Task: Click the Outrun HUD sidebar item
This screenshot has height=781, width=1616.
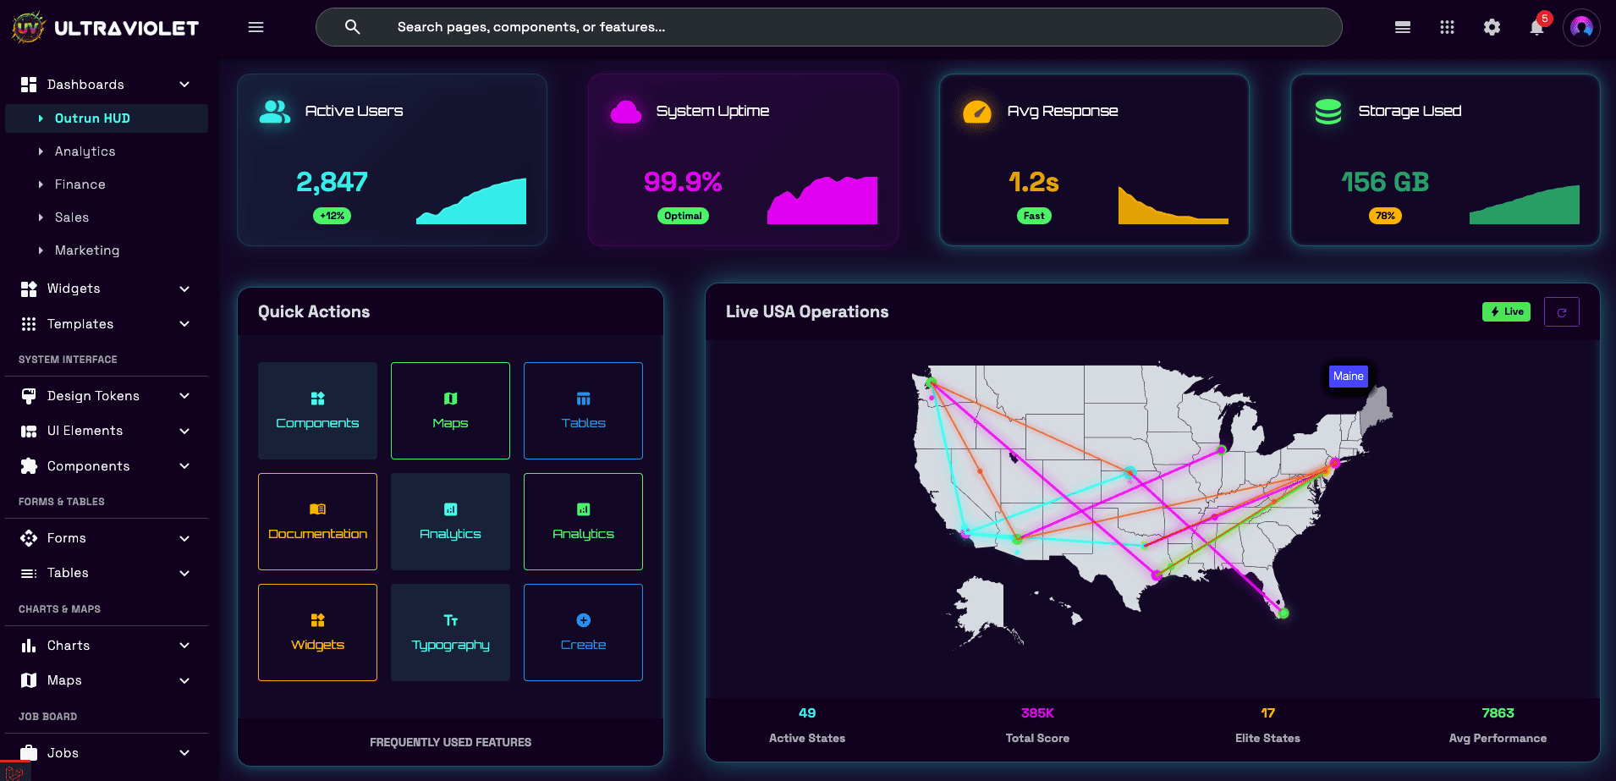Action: tap(93, 118)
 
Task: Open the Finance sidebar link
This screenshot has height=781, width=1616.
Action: tap(80, 184)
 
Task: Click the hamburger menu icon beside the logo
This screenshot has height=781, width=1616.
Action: tap(256, 27)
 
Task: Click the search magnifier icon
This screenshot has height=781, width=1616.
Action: tap(353, 27)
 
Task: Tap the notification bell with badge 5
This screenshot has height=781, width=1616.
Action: tap(1536, 27)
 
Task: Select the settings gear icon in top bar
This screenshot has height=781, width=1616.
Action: tap(1492, 27)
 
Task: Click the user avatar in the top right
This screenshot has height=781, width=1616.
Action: tap(1581, 27)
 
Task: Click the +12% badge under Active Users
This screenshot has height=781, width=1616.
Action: tap(333, 216)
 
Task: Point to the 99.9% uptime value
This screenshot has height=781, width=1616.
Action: tap(683, 182)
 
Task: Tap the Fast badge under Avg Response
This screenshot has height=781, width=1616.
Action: tap(1034, 216)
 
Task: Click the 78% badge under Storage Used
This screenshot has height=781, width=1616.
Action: tap(1385, 216)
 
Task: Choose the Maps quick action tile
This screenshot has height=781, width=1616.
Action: tap(450, 410)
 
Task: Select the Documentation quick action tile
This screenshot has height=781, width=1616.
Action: tap(317, 521)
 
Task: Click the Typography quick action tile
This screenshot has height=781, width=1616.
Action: tap(450, 632)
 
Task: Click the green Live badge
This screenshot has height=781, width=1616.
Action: tap(1506, 311)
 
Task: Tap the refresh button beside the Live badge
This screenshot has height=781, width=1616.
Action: tap(1561, 311)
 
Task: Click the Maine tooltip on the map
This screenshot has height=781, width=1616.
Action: tap(1348, 376)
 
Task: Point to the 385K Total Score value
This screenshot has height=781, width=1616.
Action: tap(1037, 713)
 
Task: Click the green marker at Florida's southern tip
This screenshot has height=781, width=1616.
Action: tap(1283, 613)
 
